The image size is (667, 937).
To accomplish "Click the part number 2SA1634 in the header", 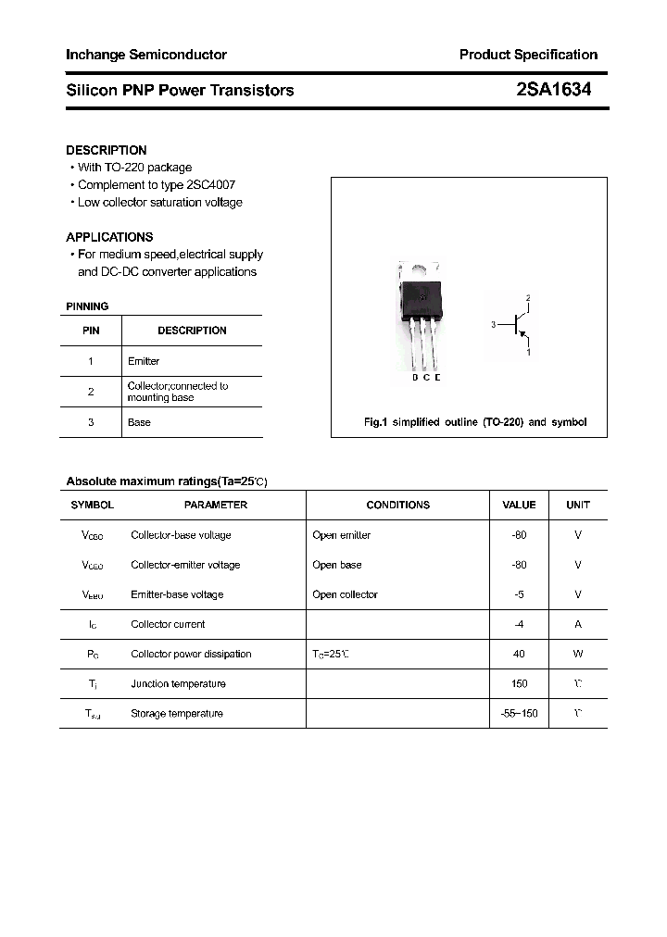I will coord(553,90).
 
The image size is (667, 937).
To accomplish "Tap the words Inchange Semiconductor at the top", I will coord(146,55).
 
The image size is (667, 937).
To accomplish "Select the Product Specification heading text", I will coord(528,55).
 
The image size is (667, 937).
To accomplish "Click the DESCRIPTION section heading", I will coord(107,150).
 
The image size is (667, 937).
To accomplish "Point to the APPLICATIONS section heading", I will coord(109,237).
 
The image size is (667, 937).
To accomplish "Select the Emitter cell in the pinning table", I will coord(144,361).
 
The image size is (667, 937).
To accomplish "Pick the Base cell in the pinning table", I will coord(139,422).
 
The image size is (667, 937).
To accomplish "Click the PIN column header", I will coord(91,331).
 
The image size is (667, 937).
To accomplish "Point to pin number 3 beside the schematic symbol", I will coord(494,325).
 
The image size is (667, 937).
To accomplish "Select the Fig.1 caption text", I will coord(474,422).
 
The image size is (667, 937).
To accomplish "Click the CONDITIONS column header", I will coord(398,505).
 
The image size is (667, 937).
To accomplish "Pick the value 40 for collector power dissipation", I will coord(519,654).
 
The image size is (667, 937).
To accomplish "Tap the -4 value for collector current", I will coord(519,624).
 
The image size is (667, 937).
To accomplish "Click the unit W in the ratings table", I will coord(578,654).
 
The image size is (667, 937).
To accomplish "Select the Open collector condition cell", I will coord(345,594).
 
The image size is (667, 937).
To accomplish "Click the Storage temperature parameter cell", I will coord(177,713).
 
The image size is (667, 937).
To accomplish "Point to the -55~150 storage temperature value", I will coord(519,713).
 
